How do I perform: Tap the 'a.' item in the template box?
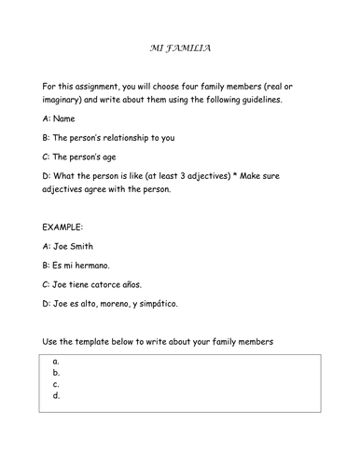click(57, 361)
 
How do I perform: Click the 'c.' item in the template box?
click(57, 383)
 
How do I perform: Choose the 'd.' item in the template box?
click(57, 395)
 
